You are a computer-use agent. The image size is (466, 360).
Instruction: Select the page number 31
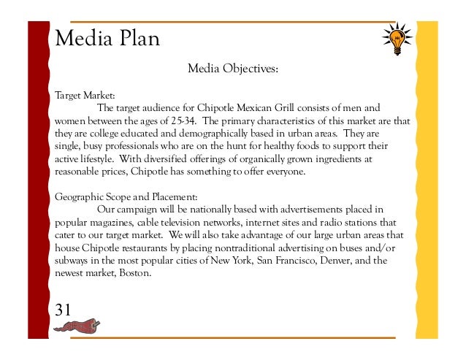click(64, 308)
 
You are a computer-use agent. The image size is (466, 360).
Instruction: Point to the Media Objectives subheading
click(233, 70)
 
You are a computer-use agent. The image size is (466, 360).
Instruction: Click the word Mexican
click(276, 108)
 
